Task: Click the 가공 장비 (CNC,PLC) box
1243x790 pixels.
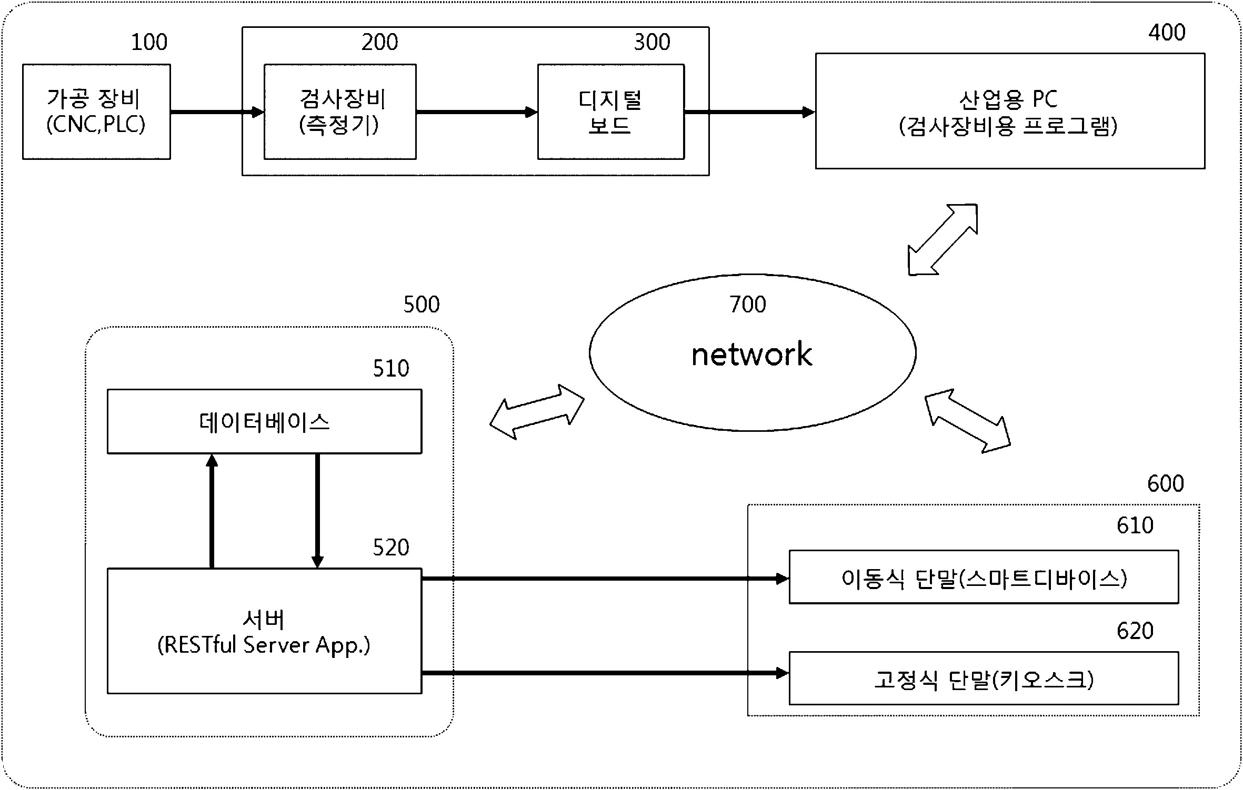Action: click(x=96, y=112)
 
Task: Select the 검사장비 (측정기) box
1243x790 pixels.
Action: click(x=340, y=112)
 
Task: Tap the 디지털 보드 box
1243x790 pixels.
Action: click(x=611, y=112)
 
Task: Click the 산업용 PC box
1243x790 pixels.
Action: click(x=1010, y=111)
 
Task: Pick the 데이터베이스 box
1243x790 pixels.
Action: click(x=264, y=421)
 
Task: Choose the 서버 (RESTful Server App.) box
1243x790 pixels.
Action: click(x=264, y=631)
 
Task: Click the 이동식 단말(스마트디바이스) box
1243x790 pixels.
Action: click(x=984, y=577)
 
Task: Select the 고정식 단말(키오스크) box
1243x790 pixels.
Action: click(x=984, y=678)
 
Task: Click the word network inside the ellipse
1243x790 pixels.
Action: click(x=751, y=354)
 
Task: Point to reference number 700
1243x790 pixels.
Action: click(x=747, y=305)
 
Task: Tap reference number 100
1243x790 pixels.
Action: click(x=149, y=42)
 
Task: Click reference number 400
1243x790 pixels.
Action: click(x=1167, y=33)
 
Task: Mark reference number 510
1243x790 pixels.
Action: click(x=391, y=369)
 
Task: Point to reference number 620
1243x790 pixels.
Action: click(x=1135, y=631)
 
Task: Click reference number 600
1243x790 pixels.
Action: click(x=1166, y=483)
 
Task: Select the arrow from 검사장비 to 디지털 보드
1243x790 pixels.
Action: click(x=477, y=112)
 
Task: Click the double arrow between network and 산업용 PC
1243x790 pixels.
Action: click(x=943, y=240)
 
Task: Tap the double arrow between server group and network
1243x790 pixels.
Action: click(x=537, y=412)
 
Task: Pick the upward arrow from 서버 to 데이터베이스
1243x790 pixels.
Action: click(x=212, y=511)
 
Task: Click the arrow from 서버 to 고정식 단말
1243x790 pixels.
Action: click(x=605, y=673)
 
